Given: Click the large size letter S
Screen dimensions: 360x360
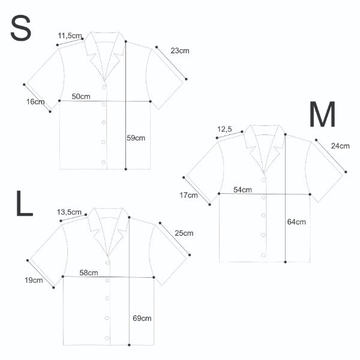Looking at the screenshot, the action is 20,28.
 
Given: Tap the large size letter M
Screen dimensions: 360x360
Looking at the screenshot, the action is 322,114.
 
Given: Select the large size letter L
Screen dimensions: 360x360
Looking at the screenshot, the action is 25,203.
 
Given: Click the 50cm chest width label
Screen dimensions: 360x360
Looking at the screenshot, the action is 81,97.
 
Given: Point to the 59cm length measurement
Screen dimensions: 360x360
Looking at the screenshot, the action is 136,138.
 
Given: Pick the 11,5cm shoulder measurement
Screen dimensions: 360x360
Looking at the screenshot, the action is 70,36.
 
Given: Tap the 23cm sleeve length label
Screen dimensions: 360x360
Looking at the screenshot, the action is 180,51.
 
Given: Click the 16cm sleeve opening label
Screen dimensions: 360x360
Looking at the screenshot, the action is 35,102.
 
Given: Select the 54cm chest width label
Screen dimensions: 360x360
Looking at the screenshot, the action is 242,190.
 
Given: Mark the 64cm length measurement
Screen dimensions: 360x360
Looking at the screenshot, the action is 296,222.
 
